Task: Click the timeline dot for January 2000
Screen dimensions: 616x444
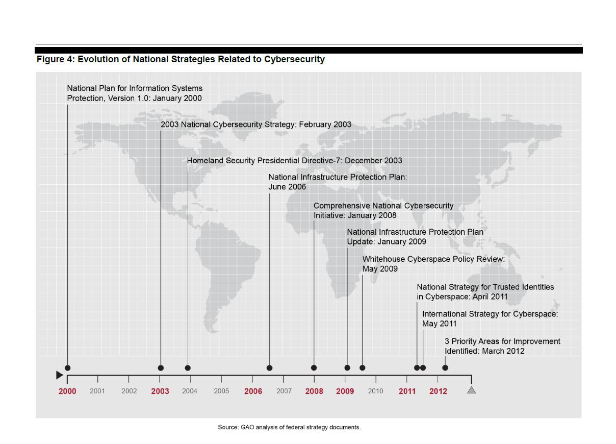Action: tap(68, 368)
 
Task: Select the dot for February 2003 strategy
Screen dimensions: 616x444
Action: tap(161, 368)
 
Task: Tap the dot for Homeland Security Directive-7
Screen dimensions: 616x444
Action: tap(188, 368)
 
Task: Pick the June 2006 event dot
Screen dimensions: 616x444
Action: tap(269, 368)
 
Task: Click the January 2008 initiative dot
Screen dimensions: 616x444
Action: tap(314, 368)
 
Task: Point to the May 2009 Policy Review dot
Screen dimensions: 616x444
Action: tap(363, 368)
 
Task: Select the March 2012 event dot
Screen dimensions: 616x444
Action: tap(445, 368)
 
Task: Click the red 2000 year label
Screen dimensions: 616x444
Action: tap(67, 391)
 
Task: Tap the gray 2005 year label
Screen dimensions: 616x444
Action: tap(221, 391)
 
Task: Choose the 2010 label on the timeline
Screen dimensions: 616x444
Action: tap(376, 391)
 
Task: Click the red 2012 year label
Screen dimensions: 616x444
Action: tap(439, 391)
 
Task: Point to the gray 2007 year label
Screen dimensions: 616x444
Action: tap(284, 391)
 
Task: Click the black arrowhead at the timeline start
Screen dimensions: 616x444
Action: tap(59, 375)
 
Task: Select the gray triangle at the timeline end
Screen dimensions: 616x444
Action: tap(471, 390)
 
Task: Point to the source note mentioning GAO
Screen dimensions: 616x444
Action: tap(289, 427)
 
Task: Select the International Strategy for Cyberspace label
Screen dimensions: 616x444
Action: tap(490, 319)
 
